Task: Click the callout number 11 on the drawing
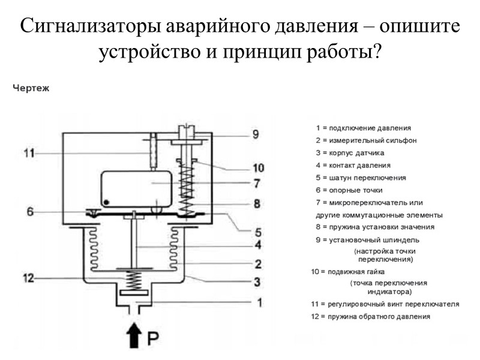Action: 29,153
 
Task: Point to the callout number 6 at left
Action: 30,211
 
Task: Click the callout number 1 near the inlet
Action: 259,303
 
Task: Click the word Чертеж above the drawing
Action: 31,88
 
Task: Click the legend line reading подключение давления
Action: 363,128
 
